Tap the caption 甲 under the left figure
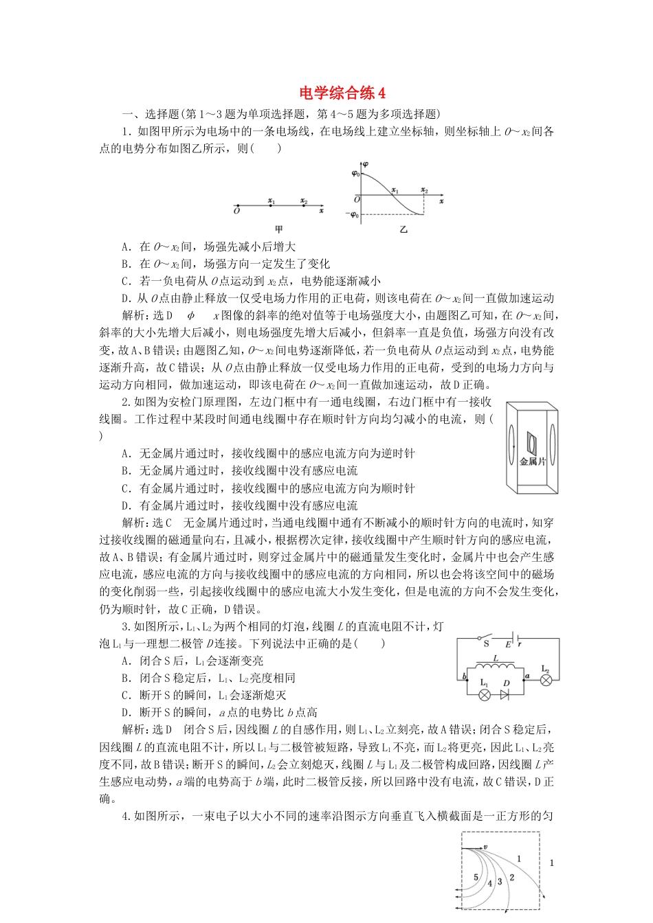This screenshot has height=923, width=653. click(278, 229)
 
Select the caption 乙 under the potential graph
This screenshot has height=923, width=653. click(403, 229)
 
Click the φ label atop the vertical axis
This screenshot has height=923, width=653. click(365, 165)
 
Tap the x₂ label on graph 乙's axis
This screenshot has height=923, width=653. click(424, 190)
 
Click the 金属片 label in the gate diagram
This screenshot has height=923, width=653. click(533, 461)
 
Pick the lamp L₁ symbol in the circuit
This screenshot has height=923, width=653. click(484, 694)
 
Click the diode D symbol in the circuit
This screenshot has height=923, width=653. click(505, 694)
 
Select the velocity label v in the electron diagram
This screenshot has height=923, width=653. click(485, 847)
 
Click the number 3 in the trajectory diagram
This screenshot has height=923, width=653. click(500, 881)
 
